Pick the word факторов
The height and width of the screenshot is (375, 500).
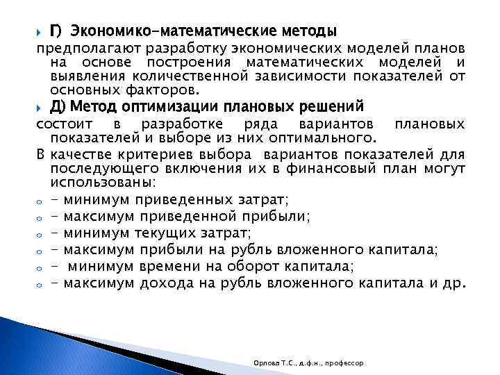click(x=162, y=90)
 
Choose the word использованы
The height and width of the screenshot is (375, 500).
click(x=102, y=183)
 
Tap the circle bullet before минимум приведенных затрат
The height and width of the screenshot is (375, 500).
click(x=40, y=201)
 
